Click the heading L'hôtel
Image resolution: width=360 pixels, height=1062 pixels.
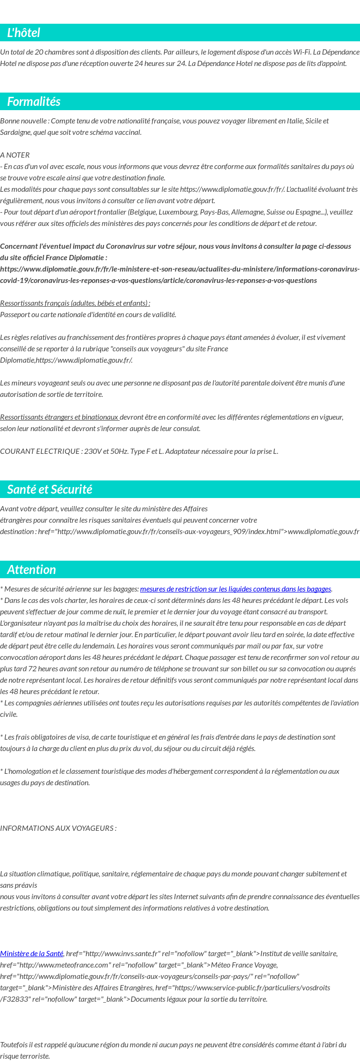coord(24,33)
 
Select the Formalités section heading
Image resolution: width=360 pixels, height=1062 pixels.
coord(34,102)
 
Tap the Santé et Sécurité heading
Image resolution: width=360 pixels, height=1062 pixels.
coord(49,489)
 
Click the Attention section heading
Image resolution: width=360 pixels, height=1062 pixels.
coord(31,569)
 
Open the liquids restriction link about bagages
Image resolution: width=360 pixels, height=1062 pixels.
coord(235,589)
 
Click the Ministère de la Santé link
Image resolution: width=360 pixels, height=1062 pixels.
coord(31,953)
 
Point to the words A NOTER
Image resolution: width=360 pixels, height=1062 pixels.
coord(15,155)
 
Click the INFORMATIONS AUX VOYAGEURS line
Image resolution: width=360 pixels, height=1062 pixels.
coord(58,828)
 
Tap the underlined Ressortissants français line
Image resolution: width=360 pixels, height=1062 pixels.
coord(75,303)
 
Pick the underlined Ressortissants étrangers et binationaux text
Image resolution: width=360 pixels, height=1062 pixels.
coord(59,417)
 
